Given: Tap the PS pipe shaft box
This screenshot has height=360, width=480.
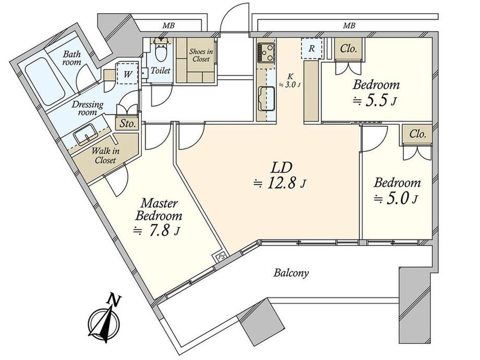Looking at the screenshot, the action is point(220,256).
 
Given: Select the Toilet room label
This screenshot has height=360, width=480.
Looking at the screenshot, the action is point(160,71).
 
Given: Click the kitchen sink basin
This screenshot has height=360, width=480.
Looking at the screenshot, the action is point(266,99).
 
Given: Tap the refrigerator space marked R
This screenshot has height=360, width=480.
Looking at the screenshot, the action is point(311,49).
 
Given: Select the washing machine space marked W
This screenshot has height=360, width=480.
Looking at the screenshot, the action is point(128,74).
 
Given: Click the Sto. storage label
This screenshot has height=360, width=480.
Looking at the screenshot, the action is point(127,124).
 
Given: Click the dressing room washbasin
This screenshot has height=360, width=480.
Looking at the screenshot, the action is point(86,135).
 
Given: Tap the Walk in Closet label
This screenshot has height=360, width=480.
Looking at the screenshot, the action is point(105,155).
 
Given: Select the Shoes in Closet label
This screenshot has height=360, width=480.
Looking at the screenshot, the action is point(201,55).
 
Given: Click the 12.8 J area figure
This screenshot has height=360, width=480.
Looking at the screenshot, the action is point(280,184).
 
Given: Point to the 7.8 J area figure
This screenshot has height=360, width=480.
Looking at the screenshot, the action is point(157,231).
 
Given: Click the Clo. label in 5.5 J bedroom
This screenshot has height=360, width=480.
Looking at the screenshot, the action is point(349,49).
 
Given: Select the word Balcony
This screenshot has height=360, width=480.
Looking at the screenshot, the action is point(291,272).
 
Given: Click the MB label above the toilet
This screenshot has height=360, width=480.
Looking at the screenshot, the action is point(169,26).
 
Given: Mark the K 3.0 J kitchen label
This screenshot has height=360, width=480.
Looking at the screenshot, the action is point(289,81).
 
